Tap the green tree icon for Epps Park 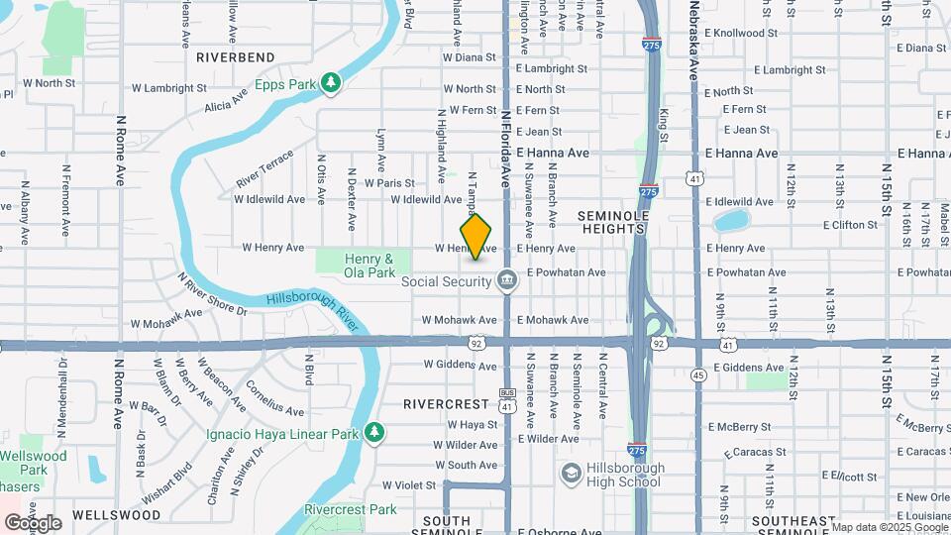(x=333, y=83)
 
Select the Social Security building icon (x=507, y=281)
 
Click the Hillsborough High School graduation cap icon (x=571, y=474)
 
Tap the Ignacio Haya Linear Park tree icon (x=373, y=433)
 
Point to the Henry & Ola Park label (x=370, y=265)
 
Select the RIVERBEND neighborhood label (x=236, y=57)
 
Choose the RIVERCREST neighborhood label (x=447, y=404)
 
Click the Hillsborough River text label (x=311, y=310)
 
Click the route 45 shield (x=699, y=375)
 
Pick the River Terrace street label (x=264, y=169)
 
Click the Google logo (x=33, y=522)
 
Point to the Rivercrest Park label (x=351, y=509)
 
